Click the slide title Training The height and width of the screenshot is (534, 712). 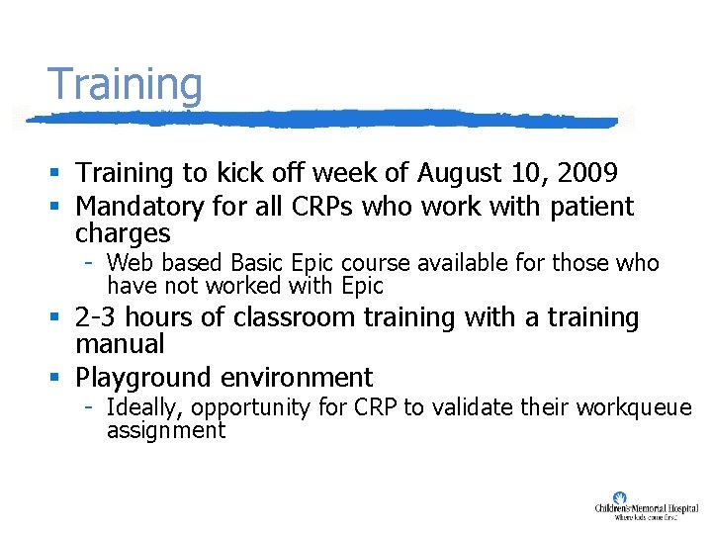125,85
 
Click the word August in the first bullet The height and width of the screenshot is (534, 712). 459,174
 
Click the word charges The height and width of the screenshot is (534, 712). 123,234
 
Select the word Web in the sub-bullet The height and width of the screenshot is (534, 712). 128,263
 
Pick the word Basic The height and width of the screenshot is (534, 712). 255,263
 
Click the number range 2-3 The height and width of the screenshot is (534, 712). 98,317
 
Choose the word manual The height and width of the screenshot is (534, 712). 120,344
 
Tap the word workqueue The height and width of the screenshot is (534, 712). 643,407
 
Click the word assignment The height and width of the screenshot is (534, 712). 166,430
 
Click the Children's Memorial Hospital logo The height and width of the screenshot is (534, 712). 646,505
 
